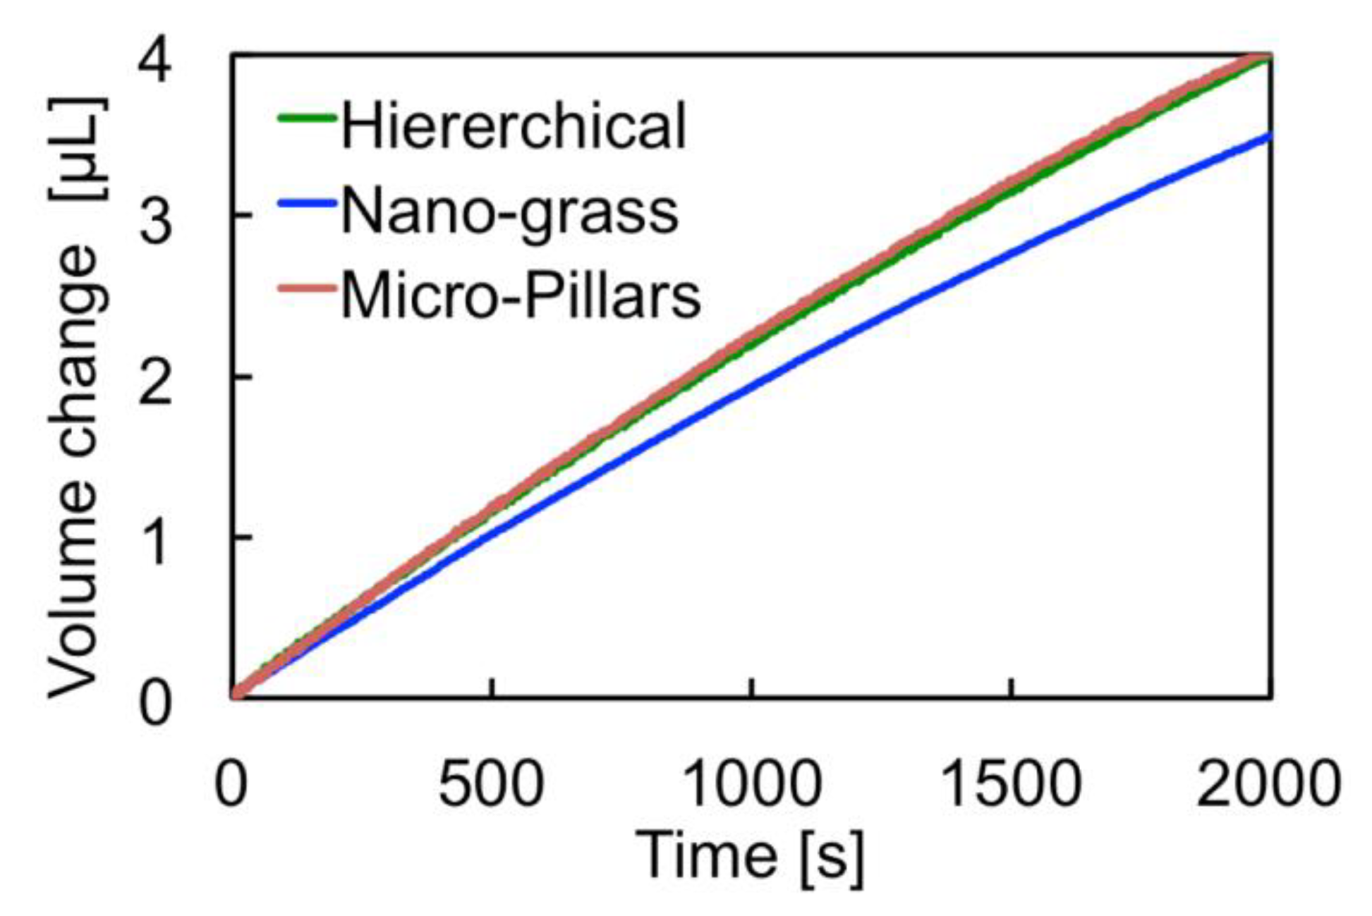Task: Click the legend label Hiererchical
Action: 513,125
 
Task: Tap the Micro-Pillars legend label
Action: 521,295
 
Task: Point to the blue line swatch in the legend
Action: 305,204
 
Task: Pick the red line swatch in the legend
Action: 305,288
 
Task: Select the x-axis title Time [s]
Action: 749,856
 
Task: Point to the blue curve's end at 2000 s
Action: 1270,136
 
